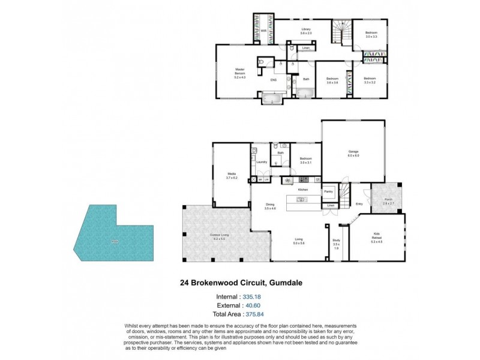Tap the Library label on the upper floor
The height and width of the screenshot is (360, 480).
click(305, 31)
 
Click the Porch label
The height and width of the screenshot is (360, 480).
click(388, 202)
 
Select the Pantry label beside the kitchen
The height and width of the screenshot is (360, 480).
click(329, 191)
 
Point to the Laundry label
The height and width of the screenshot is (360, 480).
click(261, 162)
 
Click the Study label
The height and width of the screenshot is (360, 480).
click(337, 242)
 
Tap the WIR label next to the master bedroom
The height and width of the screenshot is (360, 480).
click(263, 31)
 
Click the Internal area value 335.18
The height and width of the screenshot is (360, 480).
click(251, 296)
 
